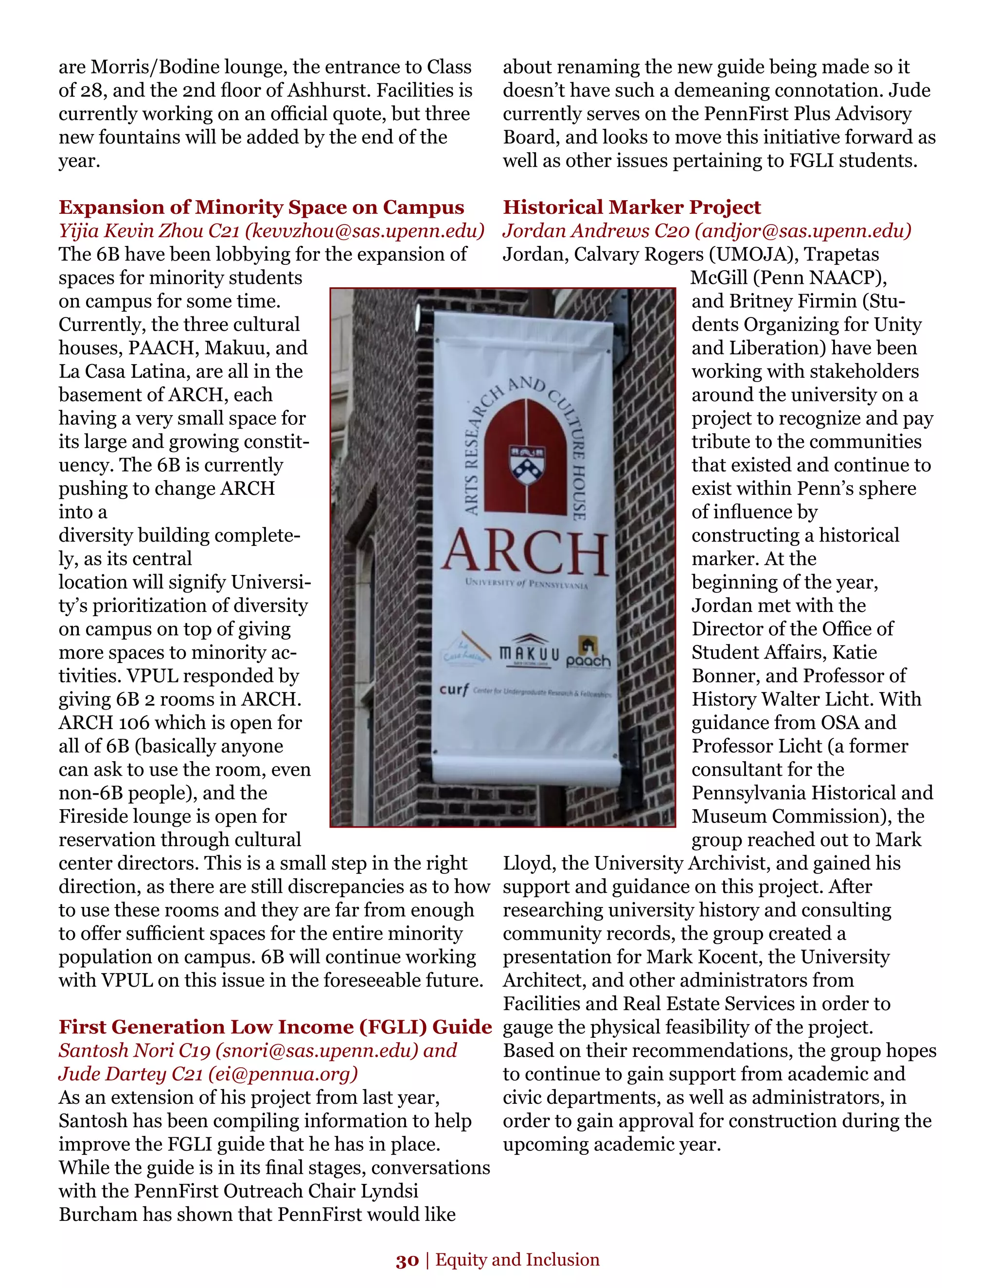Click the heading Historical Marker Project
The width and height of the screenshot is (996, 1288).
pyautogui.click(x=631, y=207)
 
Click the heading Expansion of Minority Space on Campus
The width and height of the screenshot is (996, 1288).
pyautogui.click(x=261, y=207)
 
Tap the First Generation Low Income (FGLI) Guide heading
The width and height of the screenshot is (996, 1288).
pyautogui.click(x=275, y=1027)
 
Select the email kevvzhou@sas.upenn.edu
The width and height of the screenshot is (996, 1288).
pyautogui.click(x=365, y=230)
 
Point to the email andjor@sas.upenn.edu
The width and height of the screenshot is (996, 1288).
pyautogui.click(x=802, y=230)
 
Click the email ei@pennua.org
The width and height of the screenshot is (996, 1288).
pyautogui.click(x=283, y=1074)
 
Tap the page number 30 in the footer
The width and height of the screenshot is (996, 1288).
pyautogui.click(x=407, y=1260)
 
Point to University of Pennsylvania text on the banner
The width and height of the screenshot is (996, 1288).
pyautogui.click(x=526, y=584)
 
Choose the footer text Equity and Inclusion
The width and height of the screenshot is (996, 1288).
pyautogui.click(x=517, y=1260)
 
